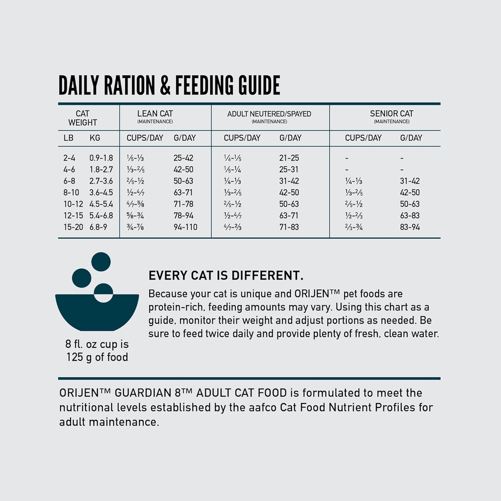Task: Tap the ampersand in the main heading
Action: [x=165, y=85]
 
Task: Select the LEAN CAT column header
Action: [x=155, y=114]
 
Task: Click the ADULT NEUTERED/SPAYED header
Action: [x=269, y=114]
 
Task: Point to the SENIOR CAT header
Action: [x=391, y=114]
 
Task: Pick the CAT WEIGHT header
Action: [x=83, y=118]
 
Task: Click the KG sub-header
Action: [x=95, y=138]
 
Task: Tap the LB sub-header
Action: [x=68, y=138]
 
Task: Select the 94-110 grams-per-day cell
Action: [x=185, y=227]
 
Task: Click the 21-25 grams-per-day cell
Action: [x=289, y=158]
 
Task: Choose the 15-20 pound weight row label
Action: [x=73, y=227]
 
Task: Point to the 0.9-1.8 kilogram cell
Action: [x=101, y=158]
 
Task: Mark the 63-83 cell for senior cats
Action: [x=410, y=215]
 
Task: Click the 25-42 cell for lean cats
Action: [x=183, y=158]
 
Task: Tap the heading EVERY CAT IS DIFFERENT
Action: [x=226, y=275]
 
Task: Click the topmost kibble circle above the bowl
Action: [x=101, y=262]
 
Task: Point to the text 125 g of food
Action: [x=97, y=357]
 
